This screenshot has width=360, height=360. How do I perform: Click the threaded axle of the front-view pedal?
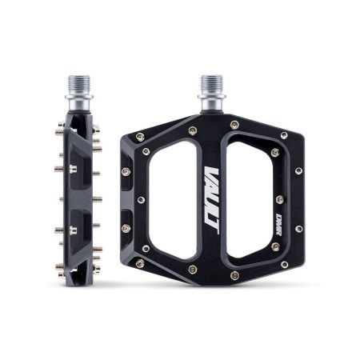[212, 84]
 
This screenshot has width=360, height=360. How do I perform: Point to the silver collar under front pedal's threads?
[212, 106]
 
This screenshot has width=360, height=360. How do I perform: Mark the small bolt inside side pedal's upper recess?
[74, 167]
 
